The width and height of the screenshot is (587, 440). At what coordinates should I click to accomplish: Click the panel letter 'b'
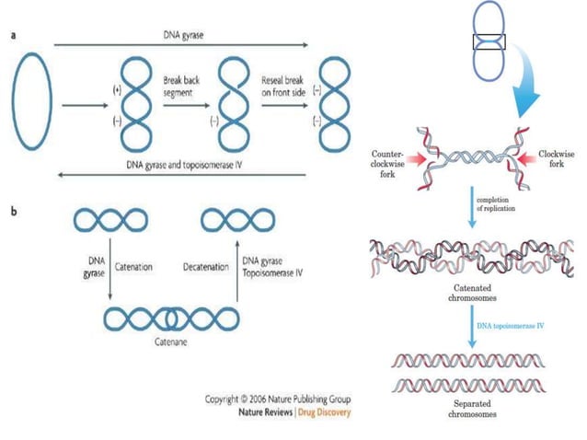[12, 210]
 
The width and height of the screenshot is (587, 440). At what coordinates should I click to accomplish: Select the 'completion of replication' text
[498, 204]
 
